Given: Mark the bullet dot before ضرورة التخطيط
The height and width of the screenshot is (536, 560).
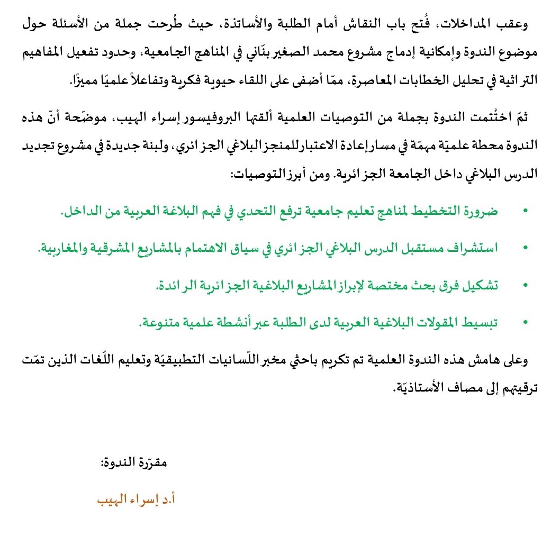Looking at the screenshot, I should point(525,212).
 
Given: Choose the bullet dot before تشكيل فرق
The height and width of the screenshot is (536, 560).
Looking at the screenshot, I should point(525,285).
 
